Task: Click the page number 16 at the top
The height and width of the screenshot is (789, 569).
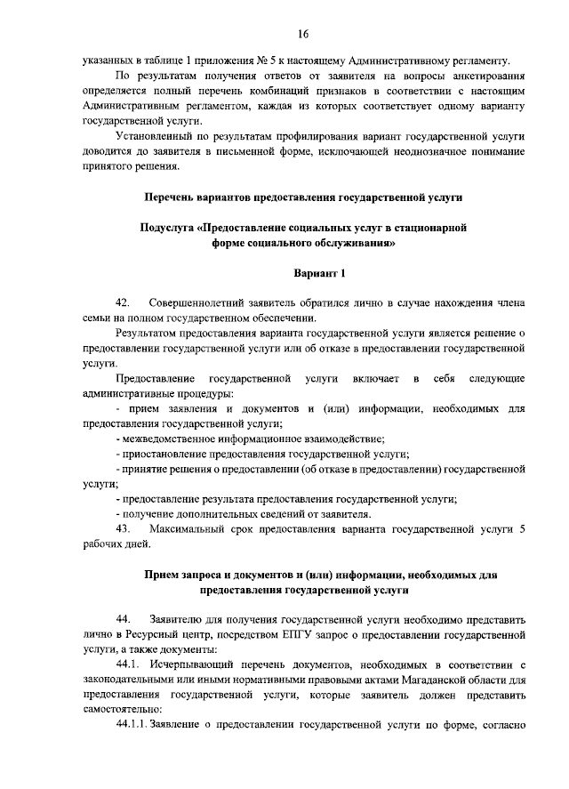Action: tap(302, 34)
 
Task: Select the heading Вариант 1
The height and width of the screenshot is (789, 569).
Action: tap(317, 273)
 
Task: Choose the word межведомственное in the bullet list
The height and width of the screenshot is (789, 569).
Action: tap(173, 439)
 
